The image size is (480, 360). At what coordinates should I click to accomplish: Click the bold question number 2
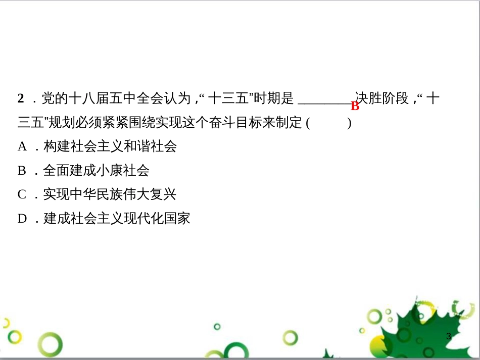(21, 98)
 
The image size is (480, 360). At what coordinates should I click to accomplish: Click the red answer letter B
(355, 106)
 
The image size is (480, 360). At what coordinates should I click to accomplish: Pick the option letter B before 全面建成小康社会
(22, 171)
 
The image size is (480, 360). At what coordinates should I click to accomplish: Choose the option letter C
(22, 194)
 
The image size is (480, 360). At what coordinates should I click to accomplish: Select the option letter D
(22, 219)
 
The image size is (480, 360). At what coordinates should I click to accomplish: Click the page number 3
(449, 336)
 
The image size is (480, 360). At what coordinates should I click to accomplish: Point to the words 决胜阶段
(382, 98)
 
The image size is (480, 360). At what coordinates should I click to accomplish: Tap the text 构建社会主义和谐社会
(110, 147)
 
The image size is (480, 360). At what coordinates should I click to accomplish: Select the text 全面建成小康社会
(97, 171)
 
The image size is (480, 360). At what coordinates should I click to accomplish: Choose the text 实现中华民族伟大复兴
(110, 194)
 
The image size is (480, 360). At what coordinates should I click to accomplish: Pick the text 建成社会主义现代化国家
(117, 219)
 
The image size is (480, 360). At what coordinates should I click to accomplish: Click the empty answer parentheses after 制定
(328, 123)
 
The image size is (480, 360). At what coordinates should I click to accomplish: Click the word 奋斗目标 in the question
(248, 122)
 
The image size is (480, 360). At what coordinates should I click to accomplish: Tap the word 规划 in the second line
(62, 122)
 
